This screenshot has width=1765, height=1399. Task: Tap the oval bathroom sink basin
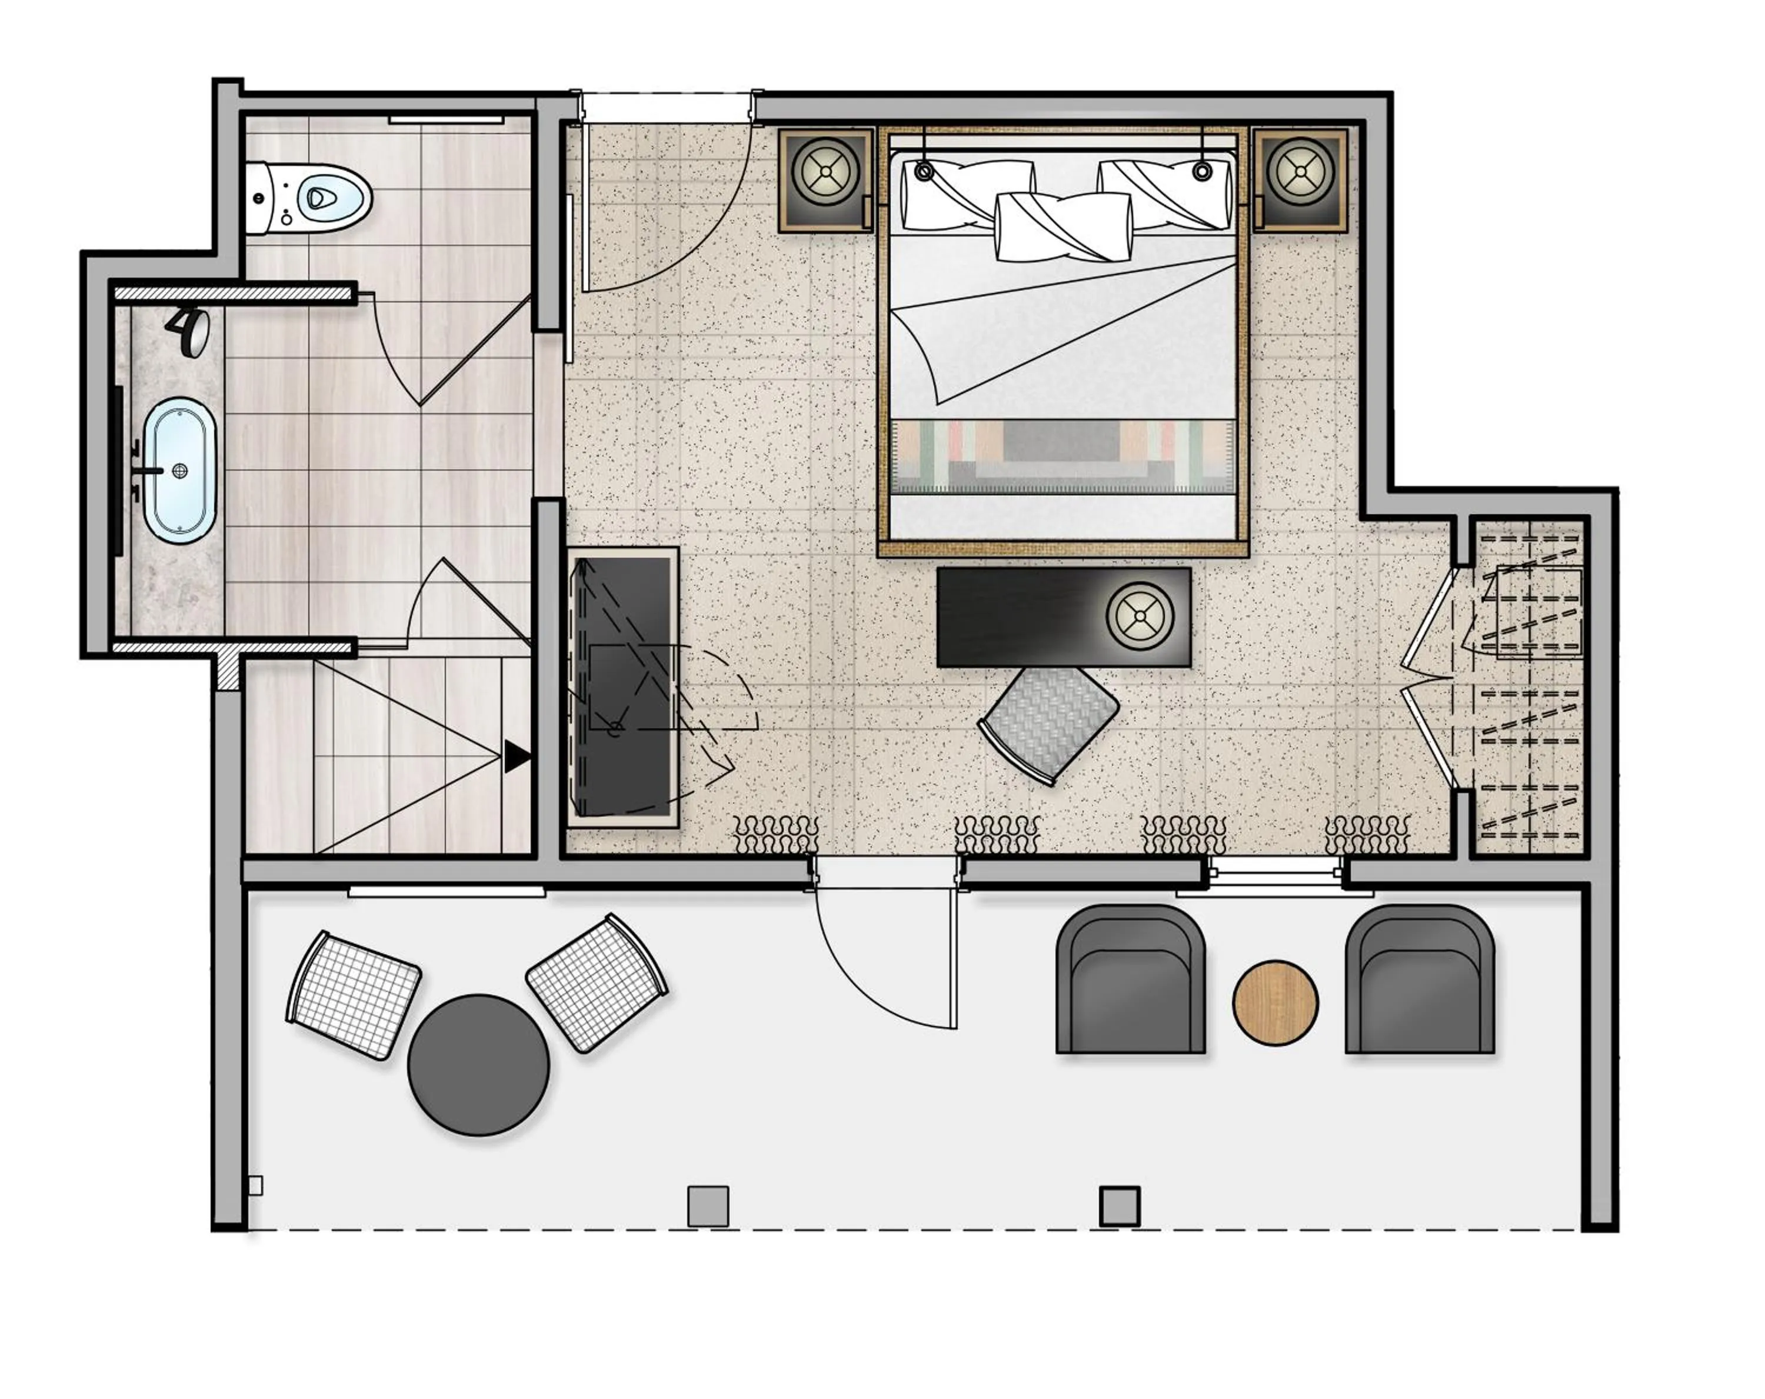click(180, 470)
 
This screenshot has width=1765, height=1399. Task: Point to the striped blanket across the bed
click(1062, 455)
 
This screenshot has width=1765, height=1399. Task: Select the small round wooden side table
click(1275, 1002)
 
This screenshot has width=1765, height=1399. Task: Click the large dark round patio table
click(478, 1064)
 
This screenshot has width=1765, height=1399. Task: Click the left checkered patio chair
click(354, 995)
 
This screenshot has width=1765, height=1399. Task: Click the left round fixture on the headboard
click(924, 171)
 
